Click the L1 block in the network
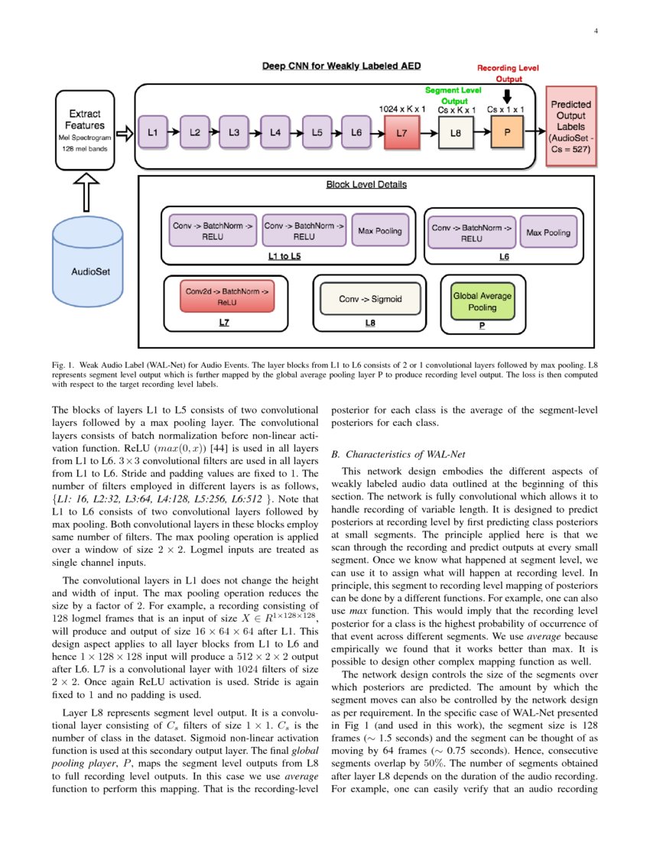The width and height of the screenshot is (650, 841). coord(152,132)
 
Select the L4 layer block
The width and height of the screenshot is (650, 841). coord(275,132)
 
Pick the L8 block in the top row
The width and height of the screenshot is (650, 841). coord(456,133)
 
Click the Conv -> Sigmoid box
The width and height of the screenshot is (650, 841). coord(370,299)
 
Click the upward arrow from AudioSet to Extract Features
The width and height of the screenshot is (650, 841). coord(86,192)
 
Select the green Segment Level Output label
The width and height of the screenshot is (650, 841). coord(453,95)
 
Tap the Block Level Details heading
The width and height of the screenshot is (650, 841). coord(366,184)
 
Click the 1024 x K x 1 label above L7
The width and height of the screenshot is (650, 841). coord(402,109)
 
